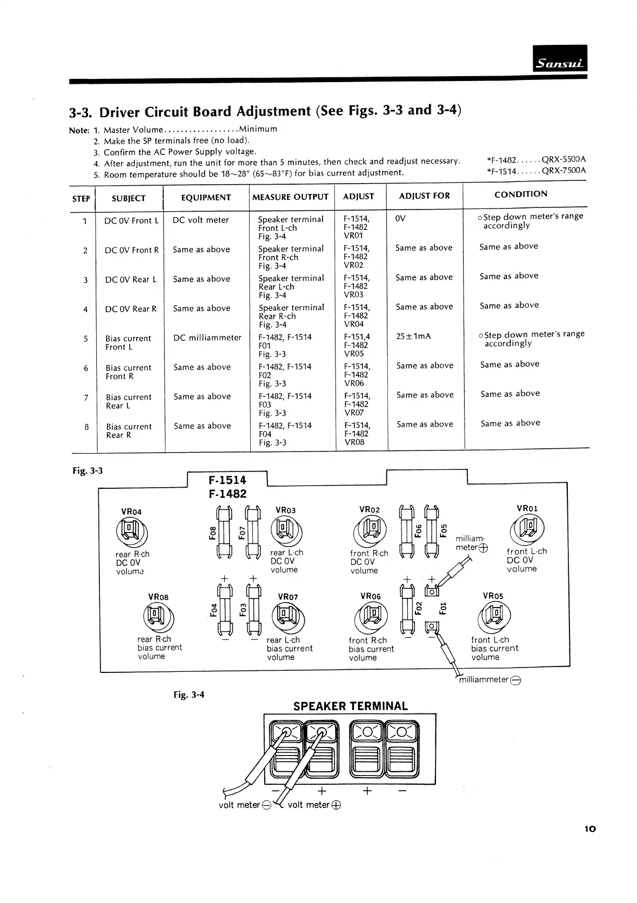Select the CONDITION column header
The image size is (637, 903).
click(520, 194)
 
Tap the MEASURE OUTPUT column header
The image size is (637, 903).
click(290, 197)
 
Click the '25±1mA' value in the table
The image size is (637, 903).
click(413, 336)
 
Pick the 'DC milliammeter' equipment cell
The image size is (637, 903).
click(207, 338)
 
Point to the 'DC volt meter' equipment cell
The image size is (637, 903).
click(200, 220)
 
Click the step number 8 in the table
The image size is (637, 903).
click(86, 427)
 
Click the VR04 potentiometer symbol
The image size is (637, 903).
click(131, 531)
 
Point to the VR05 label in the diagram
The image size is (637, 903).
click(492, 596)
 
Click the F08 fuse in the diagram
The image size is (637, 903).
click(224, 532)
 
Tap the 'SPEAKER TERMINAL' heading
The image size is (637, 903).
click(350, 706)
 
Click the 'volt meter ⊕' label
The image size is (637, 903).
click(314, 805)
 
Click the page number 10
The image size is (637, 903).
click(589, 828)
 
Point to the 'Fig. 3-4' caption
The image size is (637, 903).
click(189, 695)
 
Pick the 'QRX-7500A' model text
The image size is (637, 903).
click(564, 171)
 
